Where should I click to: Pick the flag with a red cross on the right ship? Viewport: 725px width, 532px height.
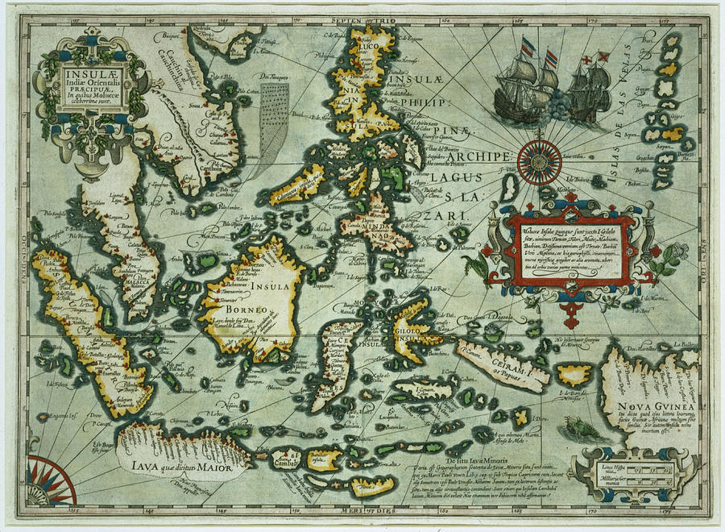(x=602, y=57)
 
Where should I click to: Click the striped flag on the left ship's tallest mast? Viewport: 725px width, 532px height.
(x=528, y=46)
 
